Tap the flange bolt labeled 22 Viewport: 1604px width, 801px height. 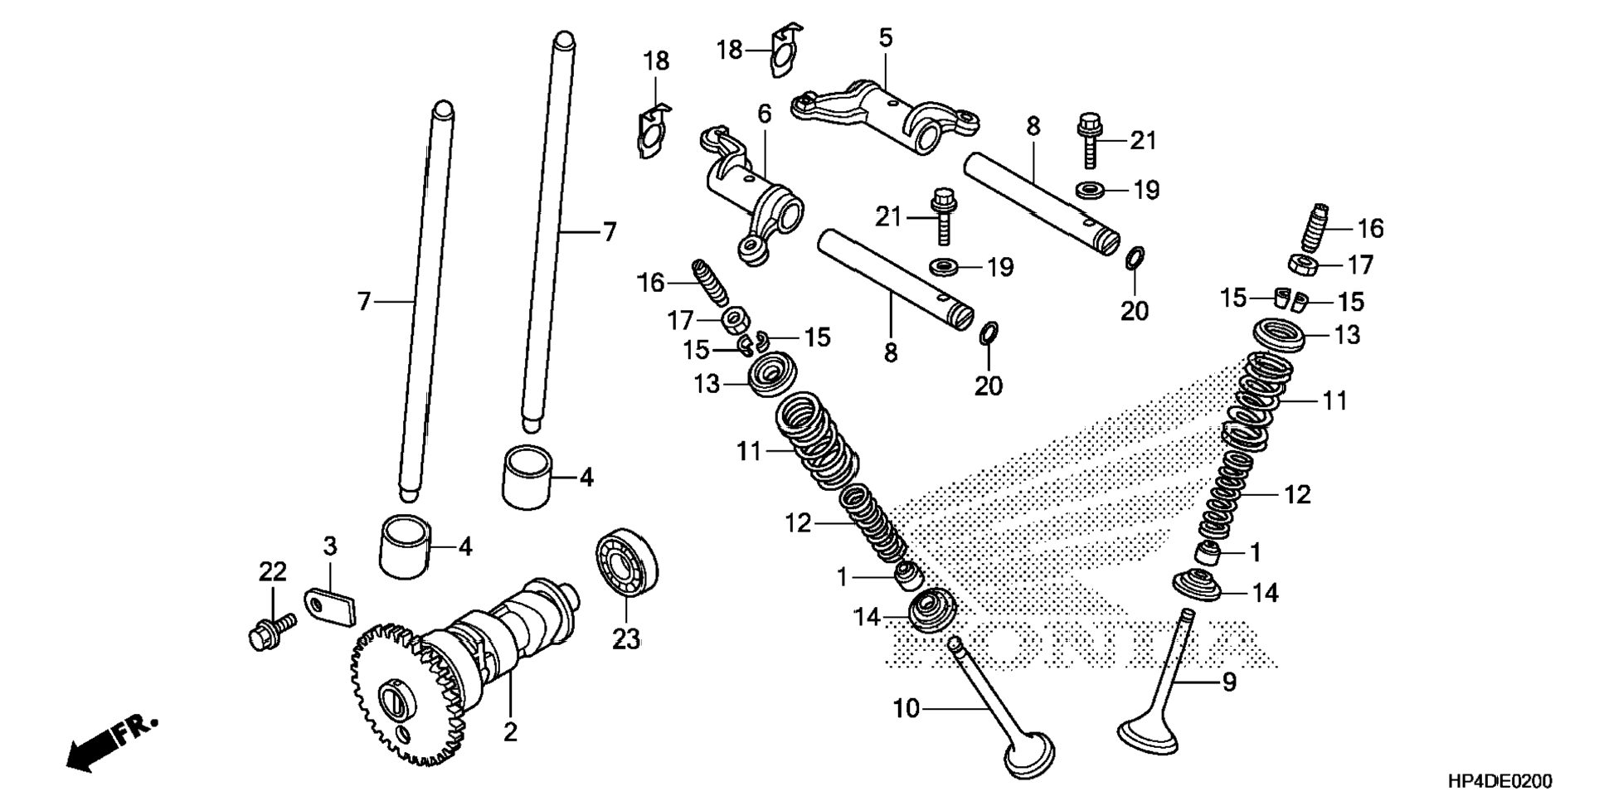[x=271, y=629]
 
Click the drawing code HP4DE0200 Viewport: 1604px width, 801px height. [x=1499, y=781]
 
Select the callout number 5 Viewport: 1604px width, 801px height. [x=885, y=38]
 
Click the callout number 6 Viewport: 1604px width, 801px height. [x=764, y=114]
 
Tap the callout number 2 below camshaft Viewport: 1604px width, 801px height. [x=510, y=731]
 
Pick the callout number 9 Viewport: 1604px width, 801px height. [x=1229, y=682]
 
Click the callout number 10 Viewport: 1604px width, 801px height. [x=907, y=709]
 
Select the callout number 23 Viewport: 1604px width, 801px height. [x=626, y=639]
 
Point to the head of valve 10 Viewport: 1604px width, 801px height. [x=1029, y=754]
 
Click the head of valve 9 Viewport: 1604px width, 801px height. [x=1149, y=735]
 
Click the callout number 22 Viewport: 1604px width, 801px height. [x=272, y=571]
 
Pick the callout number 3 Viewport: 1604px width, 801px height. [x=330, y=546]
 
